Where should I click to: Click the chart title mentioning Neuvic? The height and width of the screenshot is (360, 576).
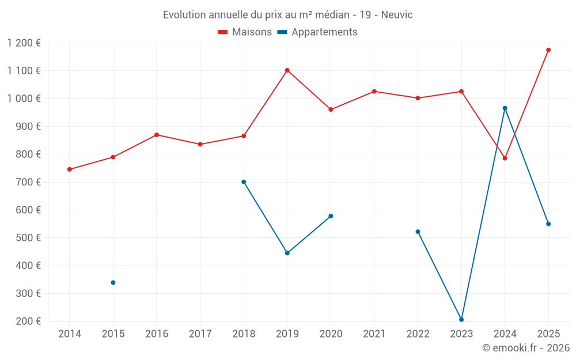287,14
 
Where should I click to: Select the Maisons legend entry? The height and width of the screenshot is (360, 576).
245,32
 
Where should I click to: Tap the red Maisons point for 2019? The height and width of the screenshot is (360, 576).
287,70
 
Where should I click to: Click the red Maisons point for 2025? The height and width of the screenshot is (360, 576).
548,50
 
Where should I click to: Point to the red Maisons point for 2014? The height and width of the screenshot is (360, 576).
70,169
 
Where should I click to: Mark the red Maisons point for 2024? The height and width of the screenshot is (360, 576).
505,158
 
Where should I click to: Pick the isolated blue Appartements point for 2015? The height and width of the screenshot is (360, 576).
113,282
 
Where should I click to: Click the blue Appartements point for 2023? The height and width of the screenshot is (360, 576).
461,320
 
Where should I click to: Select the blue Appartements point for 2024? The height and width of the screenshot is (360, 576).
505,108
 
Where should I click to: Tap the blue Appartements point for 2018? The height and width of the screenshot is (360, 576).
244,182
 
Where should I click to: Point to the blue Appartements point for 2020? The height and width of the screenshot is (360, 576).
331,216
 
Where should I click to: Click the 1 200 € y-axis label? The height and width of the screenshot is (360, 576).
24,43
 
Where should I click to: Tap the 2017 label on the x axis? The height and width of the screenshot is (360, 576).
200,334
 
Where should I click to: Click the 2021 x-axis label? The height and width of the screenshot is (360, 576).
374,334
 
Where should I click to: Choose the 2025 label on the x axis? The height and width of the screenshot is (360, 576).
548,334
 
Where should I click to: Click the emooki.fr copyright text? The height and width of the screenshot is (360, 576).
525,348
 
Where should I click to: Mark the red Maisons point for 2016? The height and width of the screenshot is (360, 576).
157,135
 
